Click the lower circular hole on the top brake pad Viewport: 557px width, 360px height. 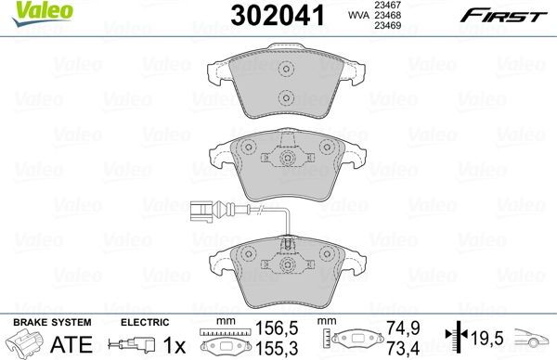click(286, 97)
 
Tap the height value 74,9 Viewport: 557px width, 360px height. click(397, 328)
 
